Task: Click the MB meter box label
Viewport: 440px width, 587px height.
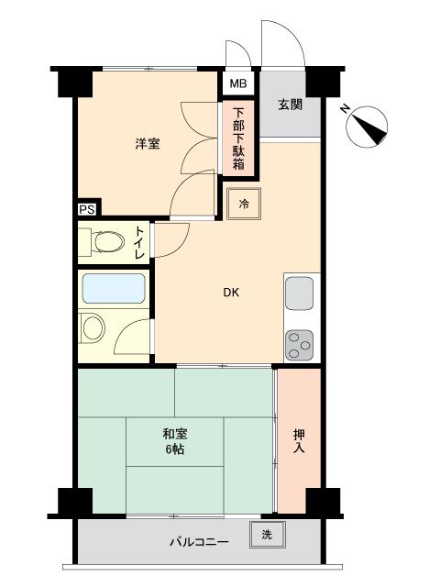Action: pos(237,84)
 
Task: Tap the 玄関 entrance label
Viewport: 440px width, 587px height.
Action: pos(291,104)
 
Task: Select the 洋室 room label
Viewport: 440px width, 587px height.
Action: pos(148,143)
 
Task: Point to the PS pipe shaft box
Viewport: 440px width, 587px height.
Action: pos(86,209)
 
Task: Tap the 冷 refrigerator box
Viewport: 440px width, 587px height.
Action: pos(245,203)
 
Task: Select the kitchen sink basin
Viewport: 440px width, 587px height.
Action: pos(300,294)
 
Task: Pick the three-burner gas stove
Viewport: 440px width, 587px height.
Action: pos(300,345)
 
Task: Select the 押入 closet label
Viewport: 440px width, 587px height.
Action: pos(299,441)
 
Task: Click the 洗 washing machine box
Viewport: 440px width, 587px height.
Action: pos(267,534)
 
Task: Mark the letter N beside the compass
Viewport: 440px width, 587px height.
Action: pos(343,110)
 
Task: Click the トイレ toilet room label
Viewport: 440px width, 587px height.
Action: pos(138,243)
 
